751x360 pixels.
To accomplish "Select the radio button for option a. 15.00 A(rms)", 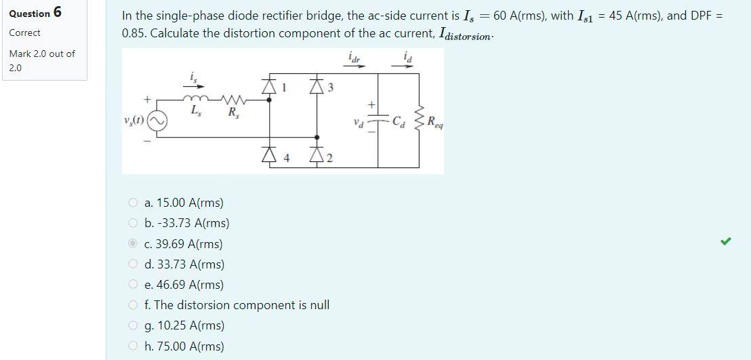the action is (x=133, y=203).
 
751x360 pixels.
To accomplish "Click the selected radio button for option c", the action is (x=133, y=244).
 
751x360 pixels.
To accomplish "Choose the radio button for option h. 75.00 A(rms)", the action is (x=133, y=346).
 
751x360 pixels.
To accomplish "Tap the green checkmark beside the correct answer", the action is (x=725, y=241).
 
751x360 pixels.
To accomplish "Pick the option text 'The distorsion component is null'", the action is (x=241, y=305).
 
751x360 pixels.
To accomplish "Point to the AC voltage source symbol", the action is (x=157, y=121).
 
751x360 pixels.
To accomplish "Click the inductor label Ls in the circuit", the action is (x=196, y=110).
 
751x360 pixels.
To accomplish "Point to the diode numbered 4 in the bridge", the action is (x=270, y=158).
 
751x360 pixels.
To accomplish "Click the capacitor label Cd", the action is (x=403, y=123).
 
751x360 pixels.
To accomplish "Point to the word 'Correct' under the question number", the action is (x=24, y=33).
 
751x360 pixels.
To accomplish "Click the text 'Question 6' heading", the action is (x=35, y=13).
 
